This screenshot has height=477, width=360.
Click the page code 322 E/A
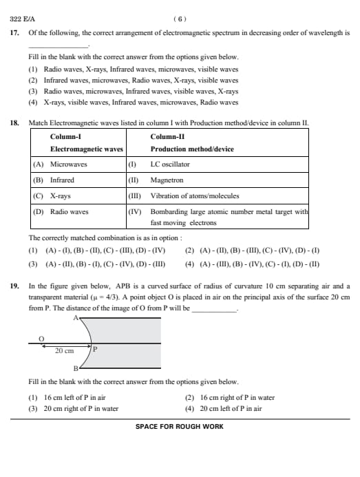[23, 19]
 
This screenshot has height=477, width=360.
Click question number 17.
[14, 33]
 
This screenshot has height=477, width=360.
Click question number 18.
[14, 123]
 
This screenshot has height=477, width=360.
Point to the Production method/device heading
[192, 149]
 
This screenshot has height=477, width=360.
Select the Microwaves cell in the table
[69, 165]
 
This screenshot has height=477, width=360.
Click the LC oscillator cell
[170, 165]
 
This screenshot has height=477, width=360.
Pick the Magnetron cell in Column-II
[167, 180]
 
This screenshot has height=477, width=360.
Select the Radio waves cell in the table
[69, 212]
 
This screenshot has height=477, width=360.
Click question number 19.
[14, 285]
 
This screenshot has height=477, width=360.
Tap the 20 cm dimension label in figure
[64, 350]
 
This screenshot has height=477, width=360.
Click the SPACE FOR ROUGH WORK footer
[179, 426]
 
